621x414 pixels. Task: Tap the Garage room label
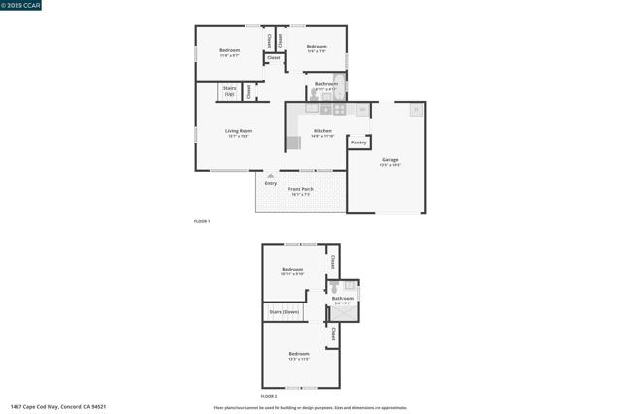390,160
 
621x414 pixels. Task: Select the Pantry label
359,143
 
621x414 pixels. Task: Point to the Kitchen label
323,131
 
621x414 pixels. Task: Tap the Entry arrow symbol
271,175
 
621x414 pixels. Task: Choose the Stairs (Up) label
230,91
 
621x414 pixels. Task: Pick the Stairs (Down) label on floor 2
284,312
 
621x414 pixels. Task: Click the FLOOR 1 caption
202,222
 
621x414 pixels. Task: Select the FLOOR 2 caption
269,397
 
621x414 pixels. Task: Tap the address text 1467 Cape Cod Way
58,407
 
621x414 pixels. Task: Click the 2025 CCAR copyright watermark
21,5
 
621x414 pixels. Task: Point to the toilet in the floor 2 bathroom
334,288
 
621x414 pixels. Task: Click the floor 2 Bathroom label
343,299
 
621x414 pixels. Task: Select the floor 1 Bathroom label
326,84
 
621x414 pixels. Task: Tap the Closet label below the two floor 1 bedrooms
274,58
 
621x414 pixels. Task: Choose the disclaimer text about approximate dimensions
310,407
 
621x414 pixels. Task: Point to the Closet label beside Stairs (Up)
249,92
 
